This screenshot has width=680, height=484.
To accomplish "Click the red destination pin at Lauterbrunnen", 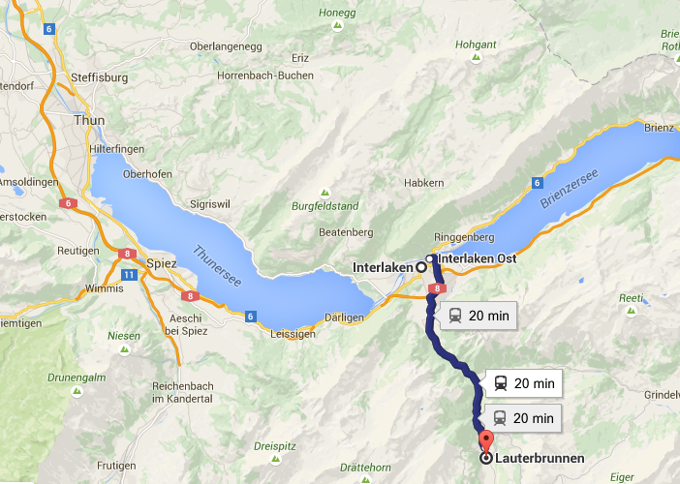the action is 484,446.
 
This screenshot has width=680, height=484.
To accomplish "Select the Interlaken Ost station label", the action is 477,258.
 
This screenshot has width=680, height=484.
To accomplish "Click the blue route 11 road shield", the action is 129,275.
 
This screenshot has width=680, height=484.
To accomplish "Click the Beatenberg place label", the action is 346,232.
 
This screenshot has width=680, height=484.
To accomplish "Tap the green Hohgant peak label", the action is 476,44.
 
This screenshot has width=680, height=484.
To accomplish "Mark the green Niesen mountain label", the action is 123,336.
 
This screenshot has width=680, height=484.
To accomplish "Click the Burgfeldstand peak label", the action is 325,206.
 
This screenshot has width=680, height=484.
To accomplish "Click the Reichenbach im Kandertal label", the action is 182,392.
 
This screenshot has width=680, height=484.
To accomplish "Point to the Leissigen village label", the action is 285,334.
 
